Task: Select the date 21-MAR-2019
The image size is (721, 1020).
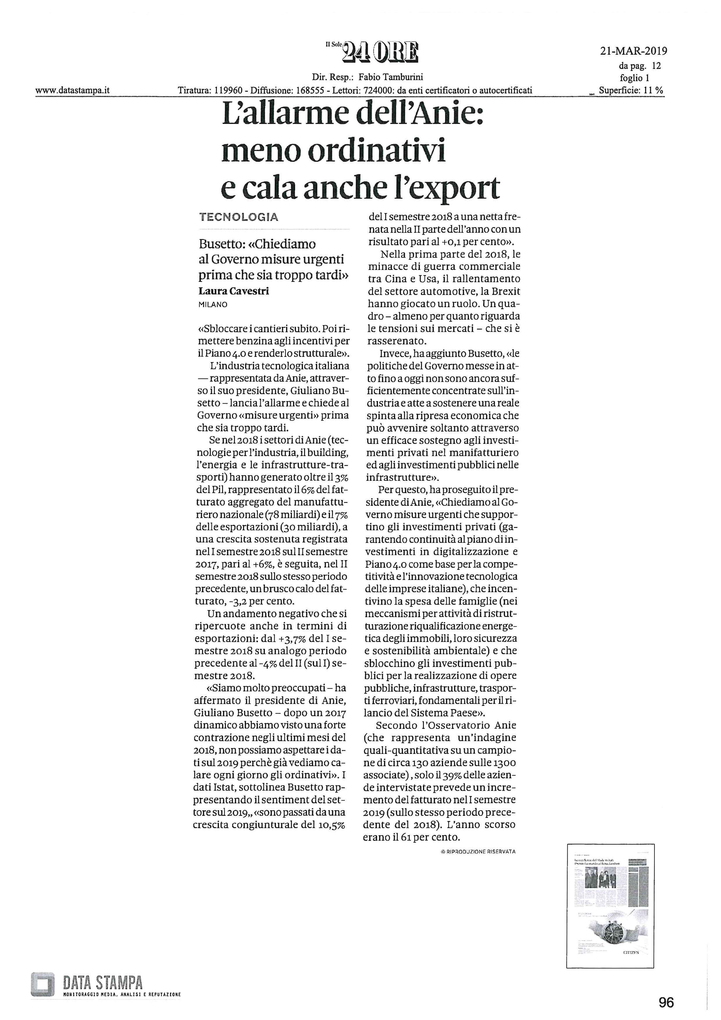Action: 633,51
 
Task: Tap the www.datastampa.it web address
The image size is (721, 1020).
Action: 73,91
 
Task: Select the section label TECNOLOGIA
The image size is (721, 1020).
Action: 239,217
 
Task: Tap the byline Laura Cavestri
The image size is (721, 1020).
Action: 233,291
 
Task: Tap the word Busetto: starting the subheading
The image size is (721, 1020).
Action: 220,244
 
